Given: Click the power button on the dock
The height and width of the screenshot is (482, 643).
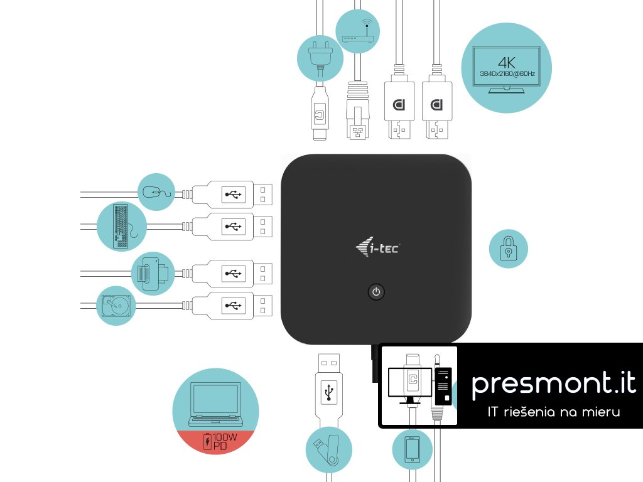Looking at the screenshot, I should pos(376,292).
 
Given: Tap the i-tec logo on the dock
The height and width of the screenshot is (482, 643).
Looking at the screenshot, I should pos(376,249).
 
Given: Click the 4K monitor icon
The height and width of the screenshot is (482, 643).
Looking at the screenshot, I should pos(506,68).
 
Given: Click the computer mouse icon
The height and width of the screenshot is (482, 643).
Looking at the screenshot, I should pos(156,192).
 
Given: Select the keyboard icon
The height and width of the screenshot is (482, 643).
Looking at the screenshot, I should pos(121,226).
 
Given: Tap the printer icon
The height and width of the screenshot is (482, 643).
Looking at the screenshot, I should pos(153,272).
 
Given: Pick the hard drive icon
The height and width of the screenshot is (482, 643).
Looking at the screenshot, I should pos(116,306).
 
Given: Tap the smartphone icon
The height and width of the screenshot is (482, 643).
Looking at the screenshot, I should pos(413,450).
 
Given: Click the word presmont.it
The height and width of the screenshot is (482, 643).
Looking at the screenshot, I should pos(553,383).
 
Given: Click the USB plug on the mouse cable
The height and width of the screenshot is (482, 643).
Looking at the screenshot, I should pos(231,195).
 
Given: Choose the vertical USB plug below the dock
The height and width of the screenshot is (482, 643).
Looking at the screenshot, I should pos(328,383).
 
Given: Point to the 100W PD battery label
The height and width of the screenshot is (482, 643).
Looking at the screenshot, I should pos(215,441).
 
